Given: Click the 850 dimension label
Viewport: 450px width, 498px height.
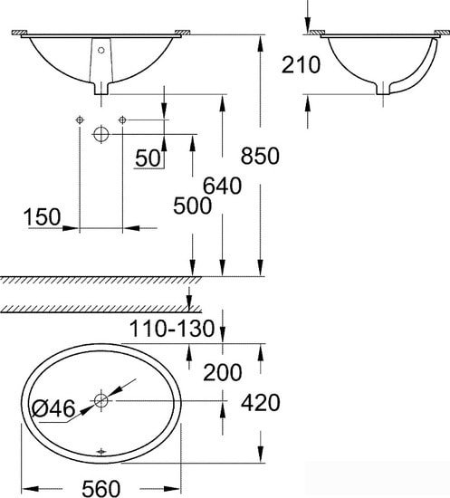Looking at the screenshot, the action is (x=260, y=156).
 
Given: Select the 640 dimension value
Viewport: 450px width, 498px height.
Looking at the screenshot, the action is (x=222, y=186).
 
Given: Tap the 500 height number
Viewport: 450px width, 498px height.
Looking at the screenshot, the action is (x=192, y=206).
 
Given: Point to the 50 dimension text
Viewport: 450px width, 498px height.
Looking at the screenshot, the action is (x=148, y=158).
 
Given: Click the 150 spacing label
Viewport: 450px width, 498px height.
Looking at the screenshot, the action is (x=42, y=217).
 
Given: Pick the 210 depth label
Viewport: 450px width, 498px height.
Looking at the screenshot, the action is (x=302, y=65).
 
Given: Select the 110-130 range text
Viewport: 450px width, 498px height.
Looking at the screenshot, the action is (x=172, y=329).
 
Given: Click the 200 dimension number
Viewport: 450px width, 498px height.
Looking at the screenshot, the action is (x=223, y=372).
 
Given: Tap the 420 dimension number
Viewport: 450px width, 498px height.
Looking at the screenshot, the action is (x=261, y=403).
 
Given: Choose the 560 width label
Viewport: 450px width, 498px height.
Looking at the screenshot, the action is (x=101, y=488).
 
